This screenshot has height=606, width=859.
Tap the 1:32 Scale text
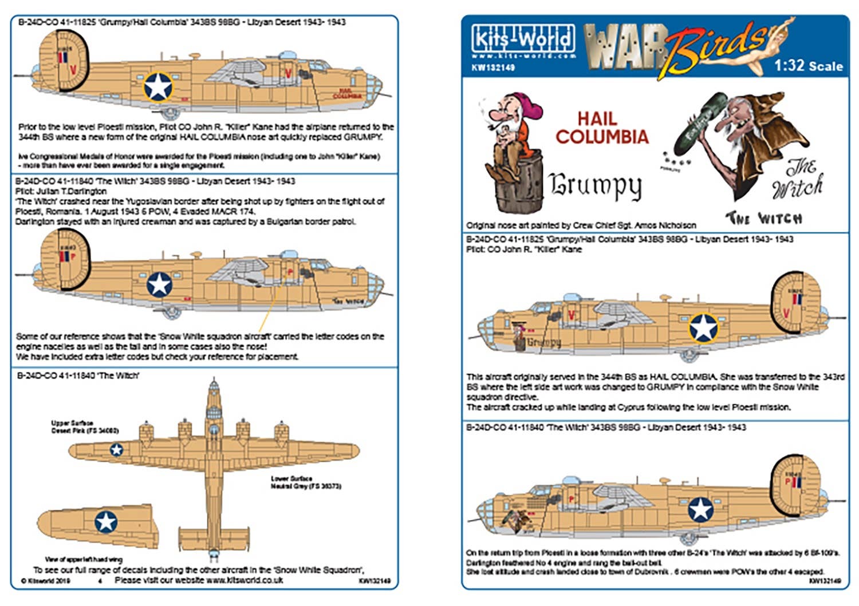(x=808, y=66)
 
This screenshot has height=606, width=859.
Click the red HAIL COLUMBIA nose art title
(x=601, y=128)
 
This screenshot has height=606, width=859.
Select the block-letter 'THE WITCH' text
(x=764, y=218)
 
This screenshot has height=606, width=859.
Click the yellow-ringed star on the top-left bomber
(x=158, y=87)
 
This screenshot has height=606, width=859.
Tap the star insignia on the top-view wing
(x=116, y=450)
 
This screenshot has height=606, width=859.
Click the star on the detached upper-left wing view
(x=105, y=521)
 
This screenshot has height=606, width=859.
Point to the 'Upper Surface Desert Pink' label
(x=84, y=427)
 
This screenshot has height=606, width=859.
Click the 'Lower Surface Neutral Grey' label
(x=305, y=482)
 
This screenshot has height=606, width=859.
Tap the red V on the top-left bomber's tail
(x=73, y=70)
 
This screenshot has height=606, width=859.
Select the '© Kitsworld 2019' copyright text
(x=45, y=580)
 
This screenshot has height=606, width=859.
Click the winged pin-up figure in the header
(x=773, y=46)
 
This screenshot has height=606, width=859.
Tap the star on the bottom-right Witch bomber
(x=700, y=509)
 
